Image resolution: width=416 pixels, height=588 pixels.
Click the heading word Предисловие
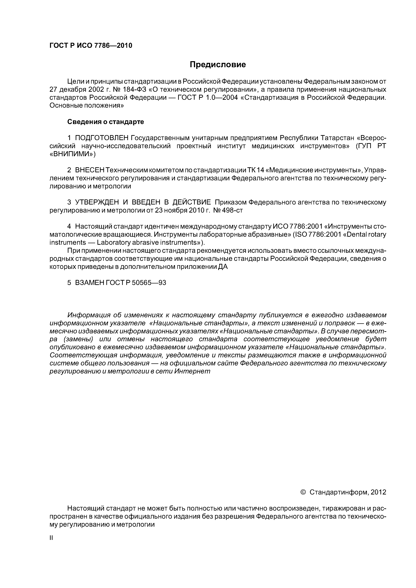point(218,65)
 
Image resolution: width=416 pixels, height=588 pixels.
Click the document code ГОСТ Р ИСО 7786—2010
point(91,46)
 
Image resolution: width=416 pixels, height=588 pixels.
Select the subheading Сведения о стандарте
point(106,122)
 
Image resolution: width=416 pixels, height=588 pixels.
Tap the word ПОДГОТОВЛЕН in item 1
point(101,138)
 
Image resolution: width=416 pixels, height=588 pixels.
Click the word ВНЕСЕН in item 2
point(90,170)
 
